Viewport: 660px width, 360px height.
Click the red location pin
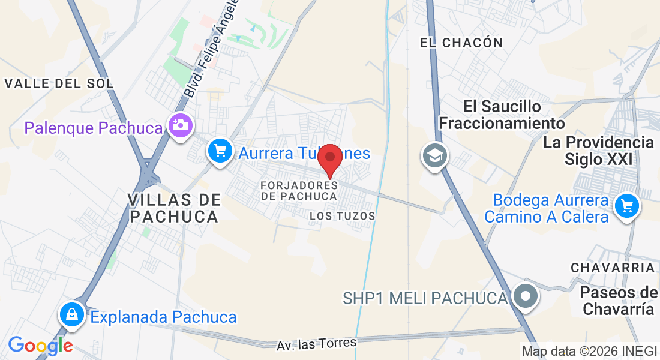329,158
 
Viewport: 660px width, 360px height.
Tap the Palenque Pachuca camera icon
180,126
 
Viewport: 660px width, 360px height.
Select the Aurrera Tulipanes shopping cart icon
220,151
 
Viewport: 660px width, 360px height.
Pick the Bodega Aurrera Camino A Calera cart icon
627,207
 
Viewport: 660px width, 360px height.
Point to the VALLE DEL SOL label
59,83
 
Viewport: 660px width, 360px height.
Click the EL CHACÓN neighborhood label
461,43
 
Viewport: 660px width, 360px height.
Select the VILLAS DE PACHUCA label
175,208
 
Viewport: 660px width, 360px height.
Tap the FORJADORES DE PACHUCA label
299,190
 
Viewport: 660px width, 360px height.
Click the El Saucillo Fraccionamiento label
502,115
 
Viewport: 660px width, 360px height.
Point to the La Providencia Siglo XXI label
598,151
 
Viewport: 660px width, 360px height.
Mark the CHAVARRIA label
613,267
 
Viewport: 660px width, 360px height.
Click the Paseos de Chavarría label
620,301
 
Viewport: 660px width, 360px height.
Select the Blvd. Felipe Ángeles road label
213,48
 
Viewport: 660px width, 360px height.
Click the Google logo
40,346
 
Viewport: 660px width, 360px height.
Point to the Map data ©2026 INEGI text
589,352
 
